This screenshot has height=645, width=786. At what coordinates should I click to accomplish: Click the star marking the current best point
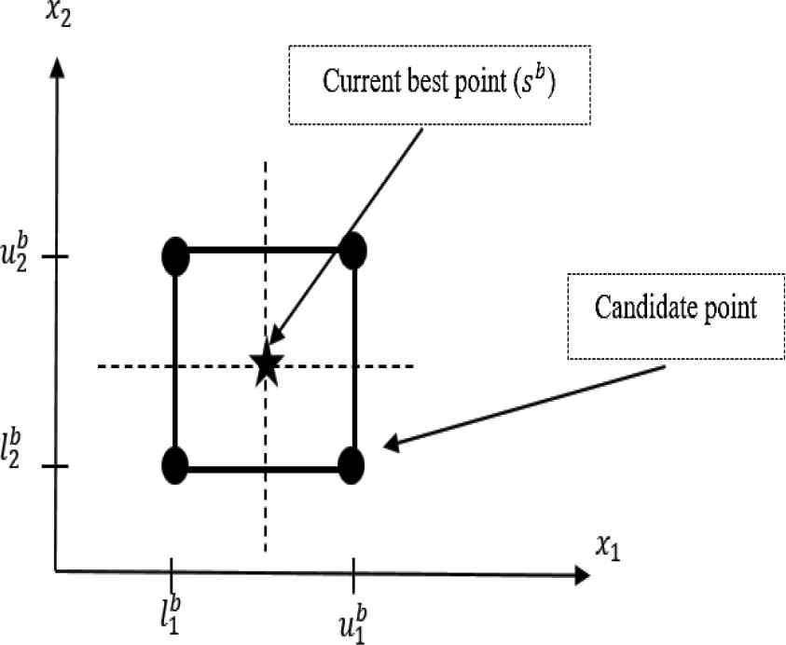point(267,365)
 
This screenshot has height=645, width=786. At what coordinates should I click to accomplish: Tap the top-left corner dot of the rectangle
point(175,254)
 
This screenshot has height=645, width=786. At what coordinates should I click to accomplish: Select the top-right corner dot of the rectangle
point(353,251)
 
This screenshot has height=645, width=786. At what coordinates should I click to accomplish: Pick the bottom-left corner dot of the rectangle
point(175,463)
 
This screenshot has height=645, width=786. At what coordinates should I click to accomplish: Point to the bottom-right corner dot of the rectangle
point(352,463)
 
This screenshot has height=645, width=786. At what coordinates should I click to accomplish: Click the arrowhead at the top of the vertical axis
point(59,69)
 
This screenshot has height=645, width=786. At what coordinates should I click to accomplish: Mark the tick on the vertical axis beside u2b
point(59,255)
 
